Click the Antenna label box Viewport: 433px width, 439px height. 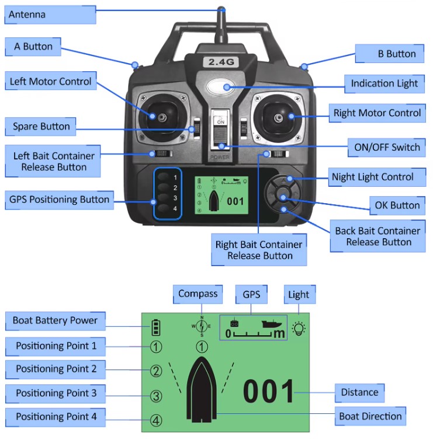point(50,15)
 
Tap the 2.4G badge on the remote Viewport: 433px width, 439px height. point(221,62)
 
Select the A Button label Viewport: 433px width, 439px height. point(33,47)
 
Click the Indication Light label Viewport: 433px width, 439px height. point(384,83)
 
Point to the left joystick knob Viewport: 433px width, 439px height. point(162,117)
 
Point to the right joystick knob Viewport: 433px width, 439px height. point(278,118)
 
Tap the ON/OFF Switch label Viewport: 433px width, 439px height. point(387,147)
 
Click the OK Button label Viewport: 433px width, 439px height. point(397,205)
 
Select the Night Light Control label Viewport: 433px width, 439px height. point(377,177)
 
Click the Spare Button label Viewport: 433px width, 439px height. point(41,127)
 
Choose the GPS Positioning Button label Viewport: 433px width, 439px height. point(60,200)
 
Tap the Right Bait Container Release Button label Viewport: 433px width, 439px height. point(259,250)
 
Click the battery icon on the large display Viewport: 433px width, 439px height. point(156,327)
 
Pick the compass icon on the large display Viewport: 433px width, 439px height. point(202,326)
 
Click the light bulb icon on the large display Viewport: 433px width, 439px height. point(299,329)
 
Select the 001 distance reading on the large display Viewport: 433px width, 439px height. point(268,391)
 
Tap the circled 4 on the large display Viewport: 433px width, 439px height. point(156,420)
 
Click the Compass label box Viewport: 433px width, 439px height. point(198,294)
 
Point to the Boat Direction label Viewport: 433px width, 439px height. point(370,416)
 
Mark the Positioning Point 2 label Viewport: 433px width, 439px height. point(56,370)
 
